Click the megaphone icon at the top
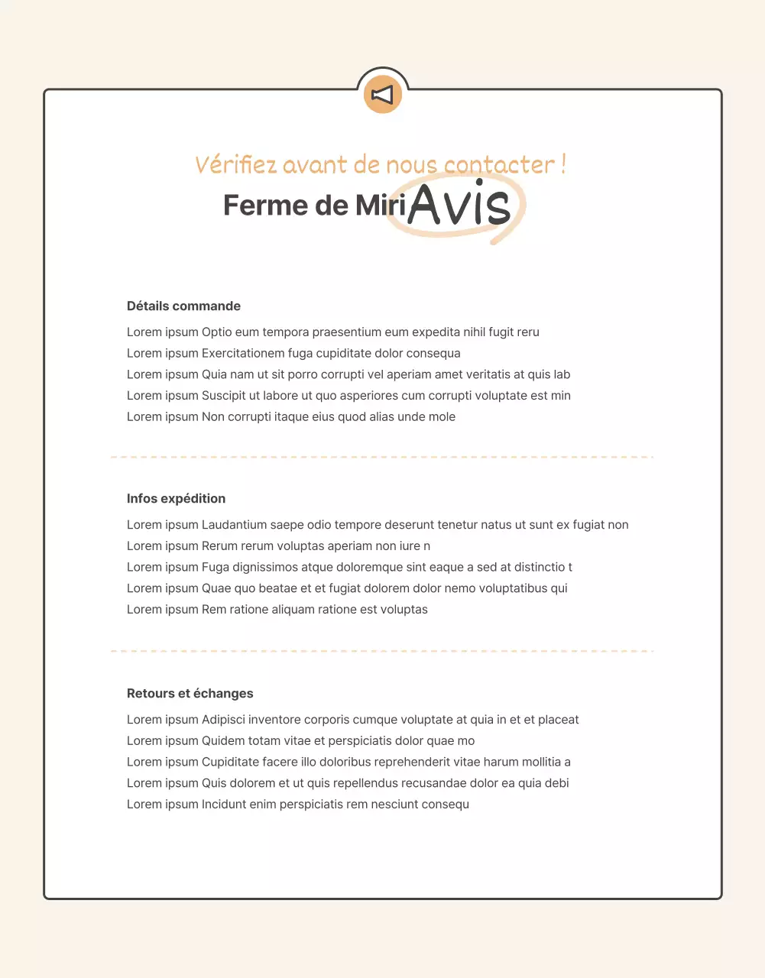click(x=382, y=94)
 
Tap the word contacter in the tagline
click(x=499, y=164)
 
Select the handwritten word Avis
click(x=459, y=205)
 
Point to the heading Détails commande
click(x=183, y=306)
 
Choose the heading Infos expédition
click(x=176, y=498)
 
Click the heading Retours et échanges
click(x=190, y=693)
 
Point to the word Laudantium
click(x=234, y=524)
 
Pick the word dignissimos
click(x=265, y=567)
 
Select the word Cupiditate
click(x=230, y=762)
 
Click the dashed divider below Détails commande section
click(x=382, y=457)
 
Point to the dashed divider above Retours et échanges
click(x=382, y=651)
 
